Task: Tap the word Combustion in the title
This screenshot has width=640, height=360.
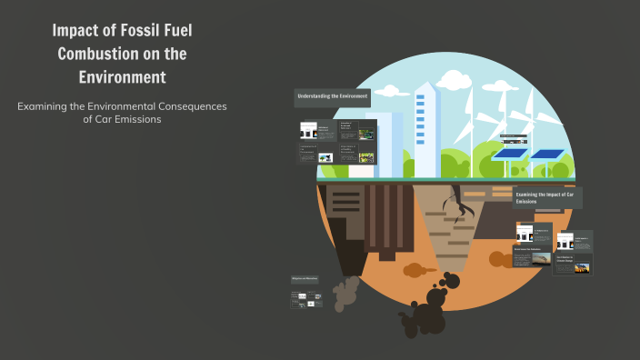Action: coord(96,53)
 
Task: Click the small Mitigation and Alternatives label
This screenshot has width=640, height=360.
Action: coord(305,278)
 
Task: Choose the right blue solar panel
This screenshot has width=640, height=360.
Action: coord(547,154)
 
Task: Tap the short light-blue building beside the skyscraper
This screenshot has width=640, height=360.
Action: coord(385,136)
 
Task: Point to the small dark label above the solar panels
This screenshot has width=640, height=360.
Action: coord(514,139)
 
